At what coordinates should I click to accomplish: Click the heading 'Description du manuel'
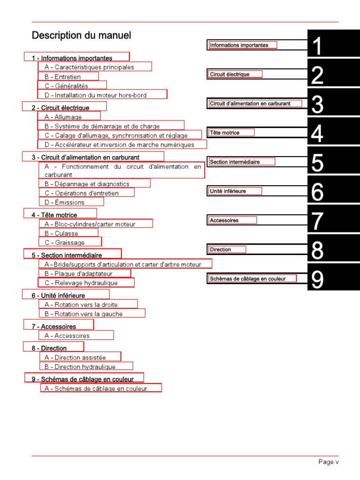pos(82,36)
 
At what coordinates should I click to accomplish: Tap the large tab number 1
pos(317,47)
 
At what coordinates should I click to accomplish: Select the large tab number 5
pos(317,163)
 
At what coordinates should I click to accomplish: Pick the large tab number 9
pos(317,280)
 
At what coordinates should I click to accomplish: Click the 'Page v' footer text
pos(328,462)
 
